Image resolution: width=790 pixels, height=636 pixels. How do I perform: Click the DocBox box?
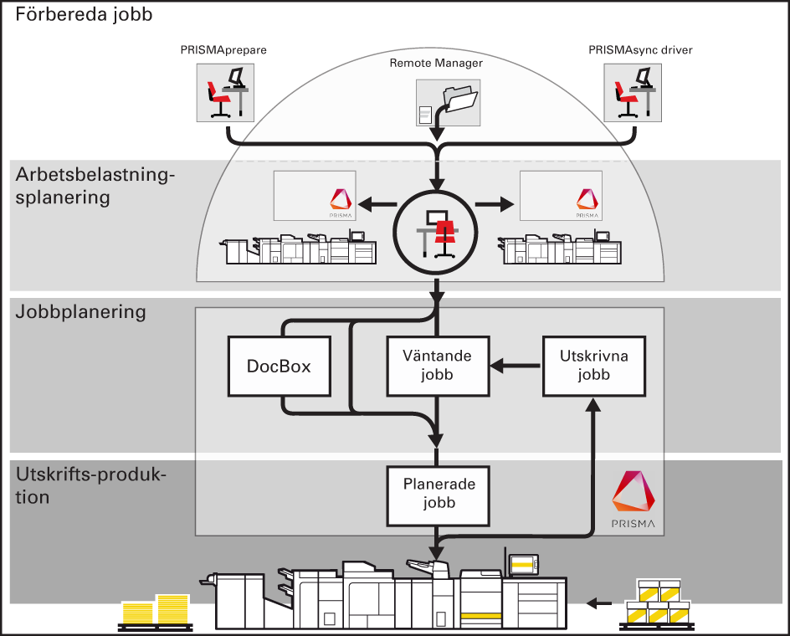pyautogui.click(x=280, y=366)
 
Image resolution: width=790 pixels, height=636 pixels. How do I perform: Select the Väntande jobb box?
pyautogui.click(x=438, y=366)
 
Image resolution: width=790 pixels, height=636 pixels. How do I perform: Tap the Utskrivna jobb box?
pyautogui.click(x=593, y=366)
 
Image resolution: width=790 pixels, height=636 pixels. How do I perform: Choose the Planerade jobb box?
pyautogui.click(x=438, y=494)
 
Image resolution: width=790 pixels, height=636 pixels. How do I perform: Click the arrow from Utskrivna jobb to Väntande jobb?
pyautogui.click(x=516, y=366)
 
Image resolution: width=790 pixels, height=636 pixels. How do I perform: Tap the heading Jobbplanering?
pyautogui.click(x=81, y=312)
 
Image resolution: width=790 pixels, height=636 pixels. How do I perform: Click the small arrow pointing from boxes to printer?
pyautogui.click(x=598, y=602)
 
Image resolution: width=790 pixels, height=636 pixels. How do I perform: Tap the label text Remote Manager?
pyautogui.click(x=436, y=63)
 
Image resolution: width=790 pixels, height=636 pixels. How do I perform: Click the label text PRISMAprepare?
pyautogui.click(x=223, y=50)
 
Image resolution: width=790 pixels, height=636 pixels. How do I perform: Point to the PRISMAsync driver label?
pyautogui.click(x=640, y=50)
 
